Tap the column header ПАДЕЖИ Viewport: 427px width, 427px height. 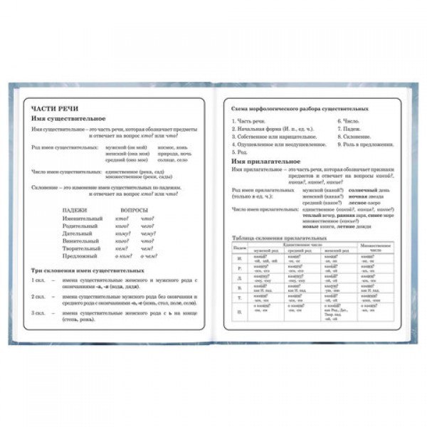click(75, 210)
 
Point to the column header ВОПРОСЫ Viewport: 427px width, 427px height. click(135, 210)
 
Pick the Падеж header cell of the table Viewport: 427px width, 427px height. click(240, 248)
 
